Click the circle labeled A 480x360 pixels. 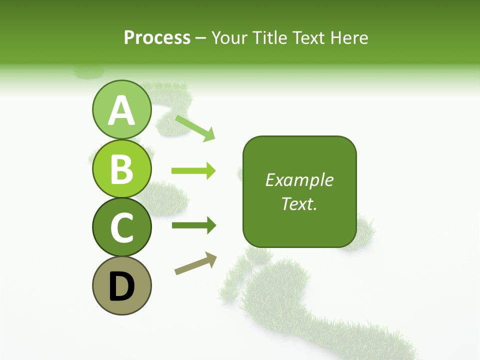tap(122, 109)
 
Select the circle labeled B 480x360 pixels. tap(122, 168)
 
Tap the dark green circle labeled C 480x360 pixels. tap(122, 227)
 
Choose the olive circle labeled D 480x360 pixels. tap(122, 285)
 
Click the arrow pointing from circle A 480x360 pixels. tap(195, 128)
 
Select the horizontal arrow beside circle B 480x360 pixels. tap(193, 171)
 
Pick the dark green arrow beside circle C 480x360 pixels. tap(193, 225)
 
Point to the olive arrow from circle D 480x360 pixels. tap(195, 263)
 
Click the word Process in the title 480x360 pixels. tap(157, 37)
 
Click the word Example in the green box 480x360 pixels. tap(299, 180)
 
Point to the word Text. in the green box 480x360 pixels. tap(299, 203)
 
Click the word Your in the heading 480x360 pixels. tap(228, 37)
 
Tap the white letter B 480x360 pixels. tap(122, 169)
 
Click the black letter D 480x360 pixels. tap(122, 286)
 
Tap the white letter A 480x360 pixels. tap(122, 110)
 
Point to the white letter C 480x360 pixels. tap(122, 227)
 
